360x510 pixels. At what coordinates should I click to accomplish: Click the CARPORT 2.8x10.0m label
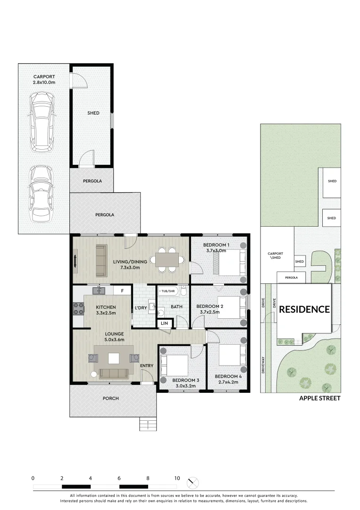(x=44, y=79)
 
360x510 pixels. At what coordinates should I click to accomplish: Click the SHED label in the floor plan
(x=93, y=113)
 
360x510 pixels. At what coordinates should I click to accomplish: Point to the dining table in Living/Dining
(x=167, y=259)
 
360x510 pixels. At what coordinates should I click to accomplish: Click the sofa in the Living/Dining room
(x=100, y=260)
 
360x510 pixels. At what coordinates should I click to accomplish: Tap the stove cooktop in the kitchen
(x=78, y=308)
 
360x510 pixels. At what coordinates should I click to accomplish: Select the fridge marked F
(x=122, y=291)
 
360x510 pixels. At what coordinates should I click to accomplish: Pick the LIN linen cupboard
(x=165, y=323)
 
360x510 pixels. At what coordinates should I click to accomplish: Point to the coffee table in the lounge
(x=114, y=358)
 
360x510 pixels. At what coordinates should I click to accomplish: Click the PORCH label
(x=111, y=399)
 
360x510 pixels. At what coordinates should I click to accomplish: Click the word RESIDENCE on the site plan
(x=304, y=309)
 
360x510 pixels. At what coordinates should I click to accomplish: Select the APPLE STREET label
(x=319, y=398)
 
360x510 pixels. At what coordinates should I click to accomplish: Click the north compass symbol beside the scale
(x=193, y=483)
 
